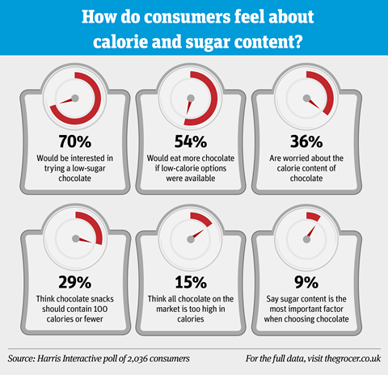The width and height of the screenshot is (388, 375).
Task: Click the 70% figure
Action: pyautogui.click(x=75, y=141)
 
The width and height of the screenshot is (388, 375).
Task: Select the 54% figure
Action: pyautogui.click(x=191, y=141)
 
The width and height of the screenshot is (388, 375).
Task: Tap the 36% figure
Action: pyautogui.click(x=306, y=141)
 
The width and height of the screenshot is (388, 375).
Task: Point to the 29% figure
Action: pyautogui.click(x=75, y=282)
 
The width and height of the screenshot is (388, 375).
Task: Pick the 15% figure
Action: pyautogui.click(x=191, y=282)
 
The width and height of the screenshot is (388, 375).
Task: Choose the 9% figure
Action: pyautogui.click(x=306, y=282)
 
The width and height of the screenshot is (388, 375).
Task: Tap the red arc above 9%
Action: pyautogui.click(x=313, y=216)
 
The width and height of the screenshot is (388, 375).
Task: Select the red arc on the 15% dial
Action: pyautogui.click(x=202, y=217)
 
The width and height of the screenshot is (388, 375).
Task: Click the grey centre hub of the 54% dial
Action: pyautogui.click(x=191, y=98)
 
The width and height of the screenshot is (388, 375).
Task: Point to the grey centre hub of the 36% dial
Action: pyautogui.click(x=306, y=99)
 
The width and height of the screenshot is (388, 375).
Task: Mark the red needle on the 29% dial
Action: pyautogui.click(x=85, y=240)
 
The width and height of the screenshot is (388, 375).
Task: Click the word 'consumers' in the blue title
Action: pyautogui.click(x=188, y=17)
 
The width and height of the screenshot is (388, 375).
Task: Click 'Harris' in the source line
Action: pyautogui.click(x=48, y=359)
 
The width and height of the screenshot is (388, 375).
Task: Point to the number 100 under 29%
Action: pyautogui.click(x=100, y=309)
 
